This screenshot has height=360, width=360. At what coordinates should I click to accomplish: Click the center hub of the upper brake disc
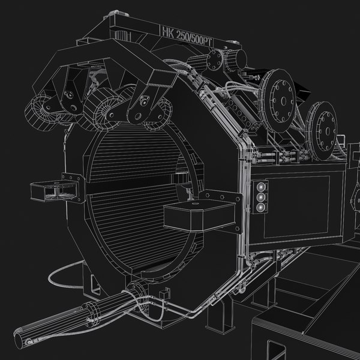[x=280, y=95]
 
